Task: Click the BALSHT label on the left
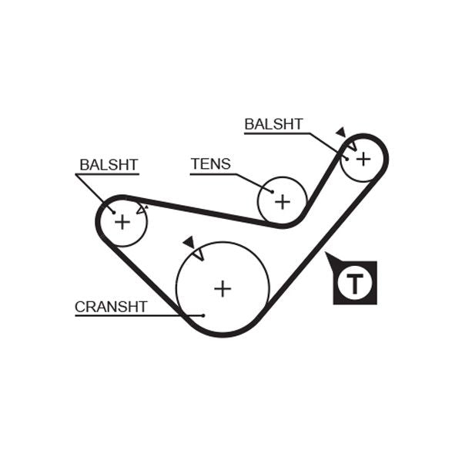pos(109,165)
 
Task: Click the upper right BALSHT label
pos(273,124)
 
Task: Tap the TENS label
pos(210,164)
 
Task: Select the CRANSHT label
pos(111,307)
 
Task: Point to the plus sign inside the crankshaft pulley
pos(223,288)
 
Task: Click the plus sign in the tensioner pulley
pos(283,201)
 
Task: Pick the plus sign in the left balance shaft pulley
pos(122,222)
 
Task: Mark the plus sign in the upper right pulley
pos(363,158)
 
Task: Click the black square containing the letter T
pos(355,283)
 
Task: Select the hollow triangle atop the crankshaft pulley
pos(198,253)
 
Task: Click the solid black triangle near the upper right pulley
pos(341,133)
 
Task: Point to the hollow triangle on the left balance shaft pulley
pos(141,208)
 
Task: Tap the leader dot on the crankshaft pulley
pos(203,314)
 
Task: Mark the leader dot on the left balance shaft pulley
pos(113,212)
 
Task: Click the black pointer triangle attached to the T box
pos(332,258)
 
